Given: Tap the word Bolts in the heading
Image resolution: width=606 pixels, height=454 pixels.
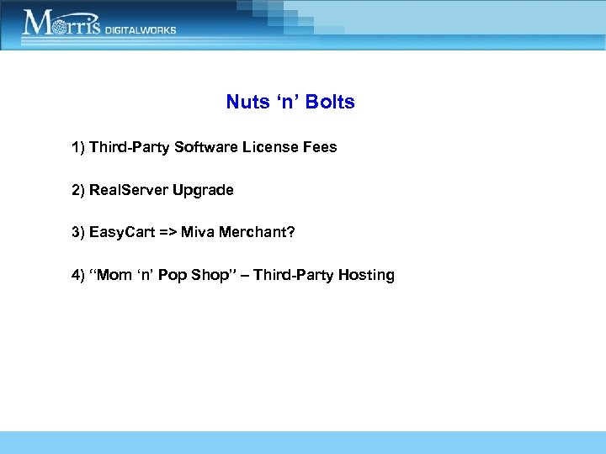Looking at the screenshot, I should pyautogui.click(x=330, y=103).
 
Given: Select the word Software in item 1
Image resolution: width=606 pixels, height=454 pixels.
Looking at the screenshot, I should pyautogui.click(x=207, y=147).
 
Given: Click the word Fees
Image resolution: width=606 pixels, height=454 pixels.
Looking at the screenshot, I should pyautogui.click(x=320, y=147).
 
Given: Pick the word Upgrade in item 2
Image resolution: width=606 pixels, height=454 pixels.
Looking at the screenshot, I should pyautogui.click(x=203, y=190).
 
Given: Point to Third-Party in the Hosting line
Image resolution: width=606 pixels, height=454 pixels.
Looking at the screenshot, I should pyautogui.click(x=289, y=275).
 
